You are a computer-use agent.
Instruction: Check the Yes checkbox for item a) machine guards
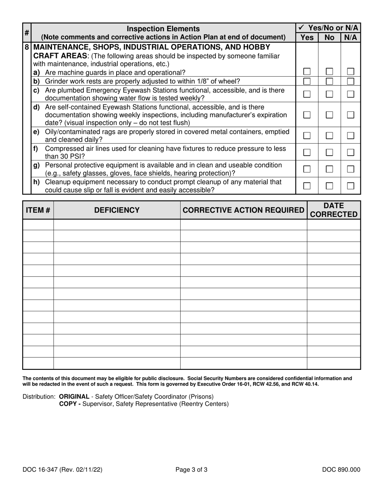[x=307, y=72]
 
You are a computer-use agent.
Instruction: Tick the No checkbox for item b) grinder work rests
[x=329, y=81]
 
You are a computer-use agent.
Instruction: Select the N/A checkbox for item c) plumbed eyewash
[x=351, y=94]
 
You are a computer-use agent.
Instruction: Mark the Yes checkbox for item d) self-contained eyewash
[x=307, y=115]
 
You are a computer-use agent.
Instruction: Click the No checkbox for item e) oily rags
[x=329, y=135]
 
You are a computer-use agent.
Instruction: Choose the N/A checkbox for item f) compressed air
[x=351, y=152]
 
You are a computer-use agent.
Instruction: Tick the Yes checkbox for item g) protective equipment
[x=307, y=169]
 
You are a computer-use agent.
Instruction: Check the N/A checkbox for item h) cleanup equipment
[x=351, y=186]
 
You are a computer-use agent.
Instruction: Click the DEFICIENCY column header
[x=117, y=210]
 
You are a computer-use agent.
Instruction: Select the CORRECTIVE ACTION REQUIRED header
[x=244, y=210]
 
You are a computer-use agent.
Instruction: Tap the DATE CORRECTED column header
[x=334, y=210]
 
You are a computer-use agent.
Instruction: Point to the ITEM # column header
[x=38, y=210]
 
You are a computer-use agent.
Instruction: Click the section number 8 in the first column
[x=27, y=47]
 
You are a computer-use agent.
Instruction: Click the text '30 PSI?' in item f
[x=65, y=156]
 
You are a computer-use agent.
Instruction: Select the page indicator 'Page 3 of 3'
[x=191, y=469]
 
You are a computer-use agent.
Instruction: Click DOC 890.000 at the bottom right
[x=341, y=469]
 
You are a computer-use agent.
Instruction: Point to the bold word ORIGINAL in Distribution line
[x=74, y=396]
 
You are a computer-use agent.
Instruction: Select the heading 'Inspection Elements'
[x=163, y=29]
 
